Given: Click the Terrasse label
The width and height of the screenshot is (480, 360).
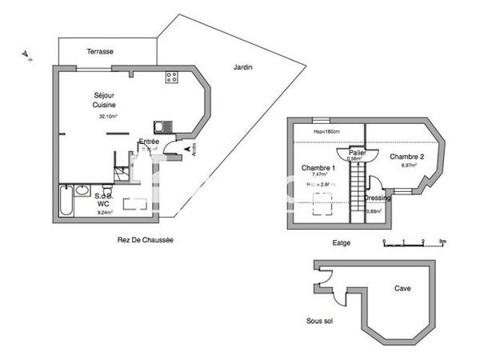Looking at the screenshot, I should click(x=101, y=51).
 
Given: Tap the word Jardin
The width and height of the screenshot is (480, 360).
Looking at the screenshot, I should click(x=243, y=67).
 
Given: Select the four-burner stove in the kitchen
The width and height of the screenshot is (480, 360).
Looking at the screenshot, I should click(x=171, y=78).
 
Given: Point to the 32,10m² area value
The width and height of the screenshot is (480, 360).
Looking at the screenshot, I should click(x=108, y=116).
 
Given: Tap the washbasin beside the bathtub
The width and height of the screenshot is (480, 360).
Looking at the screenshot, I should click(x=82, y=190).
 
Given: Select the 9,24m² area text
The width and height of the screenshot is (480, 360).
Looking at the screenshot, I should click(x=105, y=212).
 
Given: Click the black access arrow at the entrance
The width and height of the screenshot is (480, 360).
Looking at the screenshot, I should click(x=188, y=148).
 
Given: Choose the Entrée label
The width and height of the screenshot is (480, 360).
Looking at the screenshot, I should click(x=149, y=142).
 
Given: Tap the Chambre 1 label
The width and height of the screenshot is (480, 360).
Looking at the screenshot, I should click(x=318, y=167).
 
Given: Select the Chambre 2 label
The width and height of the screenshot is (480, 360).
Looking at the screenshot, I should click(x=406, y=157).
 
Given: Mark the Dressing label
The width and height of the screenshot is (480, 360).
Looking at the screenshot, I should click(x=377, y=198).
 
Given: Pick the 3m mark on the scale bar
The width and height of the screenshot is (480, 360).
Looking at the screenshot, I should click(x=442, y=240).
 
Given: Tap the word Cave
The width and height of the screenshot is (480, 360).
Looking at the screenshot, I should click(x=403, y=288).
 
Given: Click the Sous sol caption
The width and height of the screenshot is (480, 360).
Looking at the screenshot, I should click(x=320, y=321).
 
